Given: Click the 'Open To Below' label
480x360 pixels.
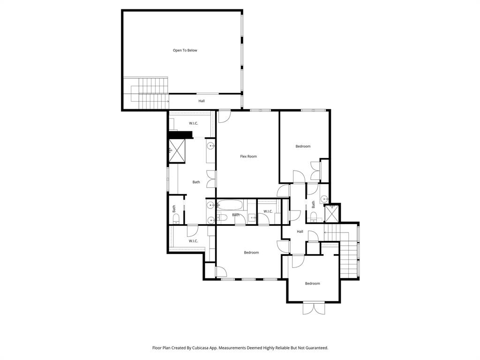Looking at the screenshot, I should [x=185, y=50].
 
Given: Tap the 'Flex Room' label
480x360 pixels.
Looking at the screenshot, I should [x=248, y=157].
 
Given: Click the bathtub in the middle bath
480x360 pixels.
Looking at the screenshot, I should [x=230, y=205].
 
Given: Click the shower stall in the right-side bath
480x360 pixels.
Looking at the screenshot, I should [x=332, y=213].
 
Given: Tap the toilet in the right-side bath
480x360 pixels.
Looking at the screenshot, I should [x=314, y=217].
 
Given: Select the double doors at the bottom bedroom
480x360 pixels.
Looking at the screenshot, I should [x=313, y=308].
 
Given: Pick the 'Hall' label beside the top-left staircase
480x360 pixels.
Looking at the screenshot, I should [x=202, y=101].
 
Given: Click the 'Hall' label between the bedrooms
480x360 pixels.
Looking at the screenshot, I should [x=300, y=232].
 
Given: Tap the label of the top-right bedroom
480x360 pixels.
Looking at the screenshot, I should [x=303, y=146].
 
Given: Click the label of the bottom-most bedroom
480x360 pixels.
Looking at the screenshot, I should [x=312, y=284].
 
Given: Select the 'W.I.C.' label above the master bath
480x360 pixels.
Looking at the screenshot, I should [x=194, y=123].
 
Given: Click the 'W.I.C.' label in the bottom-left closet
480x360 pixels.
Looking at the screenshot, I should [x=193, y=241].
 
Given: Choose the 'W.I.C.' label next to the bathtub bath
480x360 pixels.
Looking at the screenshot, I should [x=268, y=211].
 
